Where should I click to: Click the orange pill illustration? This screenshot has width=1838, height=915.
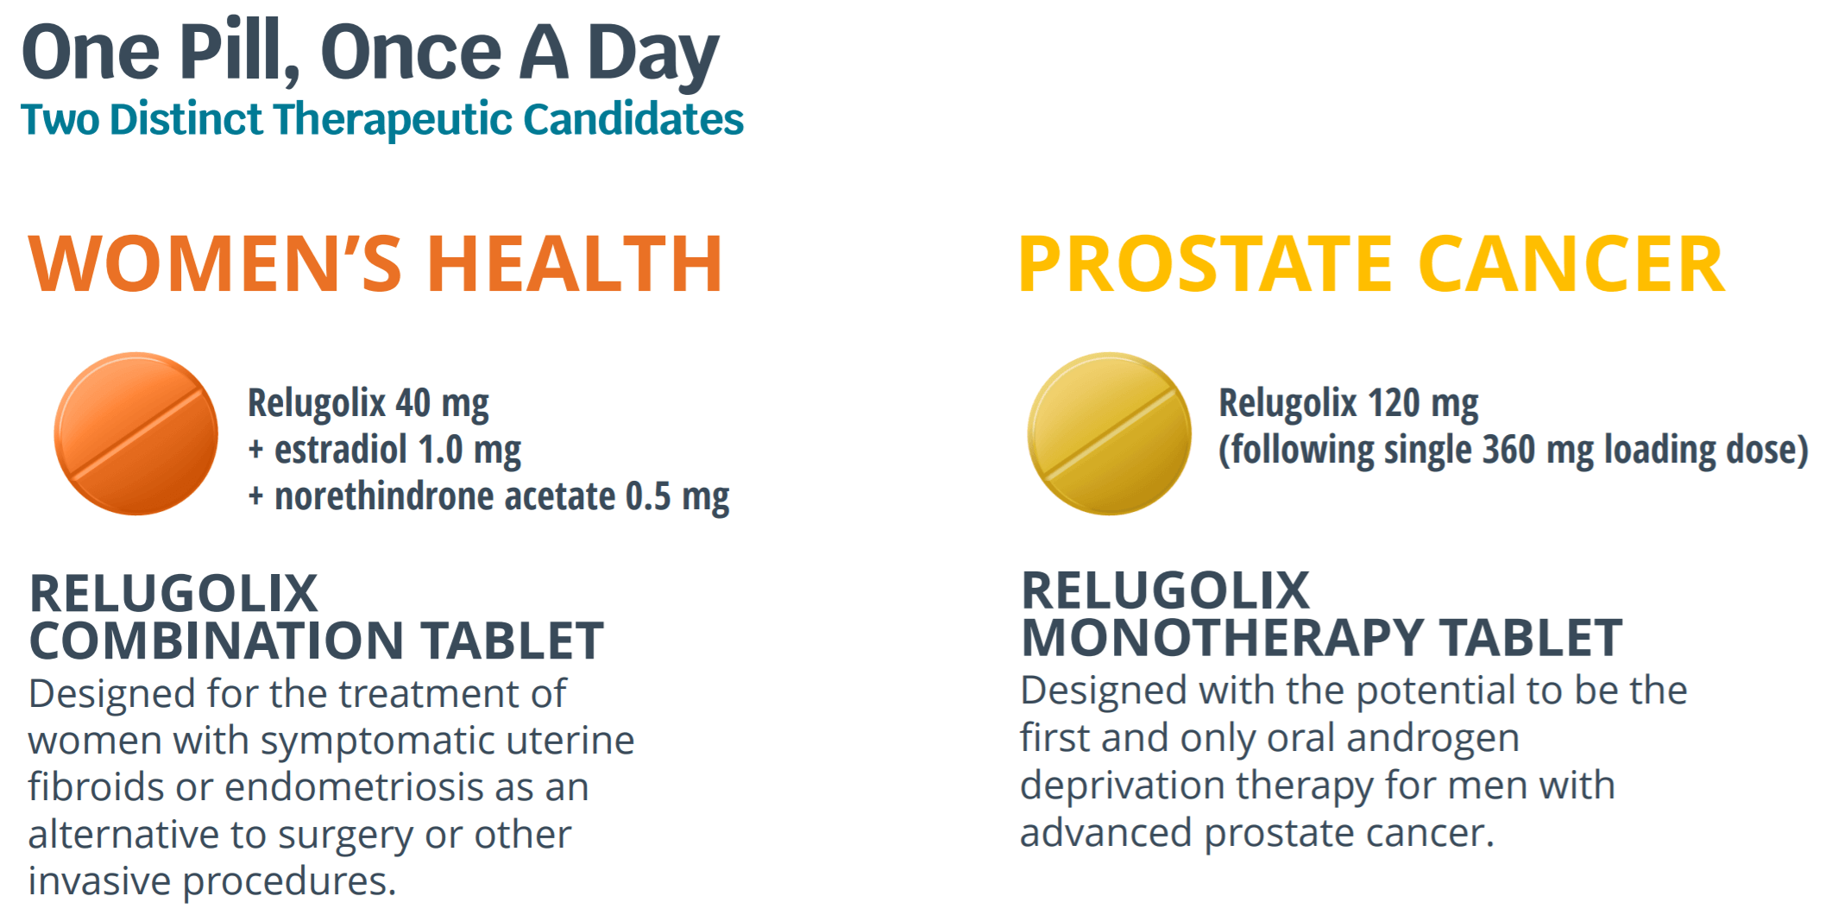[x=135, y=433]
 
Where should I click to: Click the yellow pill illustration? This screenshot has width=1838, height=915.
[x=1109, y=433]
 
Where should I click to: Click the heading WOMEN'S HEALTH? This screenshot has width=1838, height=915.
[x=375, y=264]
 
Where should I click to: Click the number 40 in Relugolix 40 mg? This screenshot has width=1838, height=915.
[x=412, y=403]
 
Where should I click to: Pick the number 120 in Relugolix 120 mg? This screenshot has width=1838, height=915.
[x=1394, y=403]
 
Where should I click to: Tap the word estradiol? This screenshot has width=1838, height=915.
[x=340, y=450]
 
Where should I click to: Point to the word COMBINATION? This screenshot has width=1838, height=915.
[x=217, y=640]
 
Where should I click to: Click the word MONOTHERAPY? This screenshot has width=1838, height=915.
[x=1222, y=638]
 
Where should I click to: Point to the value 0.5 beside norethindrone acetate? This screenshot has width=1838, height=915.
[x=648, y=496]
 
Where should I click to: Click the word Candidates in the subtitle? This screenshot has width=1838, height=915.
[x=633, y=119]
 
